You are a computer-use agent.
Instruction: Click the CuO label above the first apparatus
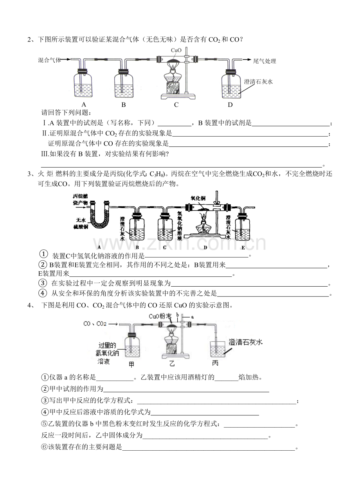(x=176, y=50)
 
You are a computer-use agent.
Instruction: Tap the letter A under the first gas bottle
(x=83, y=105)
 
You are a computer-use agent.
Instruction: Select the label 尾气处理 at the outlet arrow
(x=265, y=61)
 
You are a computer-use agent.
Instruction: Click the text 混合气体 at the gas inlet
(x=50, y=60)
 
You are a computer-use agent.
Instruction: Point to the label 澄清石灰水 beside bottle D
(x=258, y=82)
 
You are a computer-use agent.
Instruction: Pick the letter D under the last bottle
(x=230, y=105)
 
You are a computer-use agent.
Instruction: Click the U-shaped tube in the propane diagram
(x=100, y=219)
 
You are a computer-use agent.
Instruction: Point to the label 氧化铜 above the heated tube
(x=198, y=198)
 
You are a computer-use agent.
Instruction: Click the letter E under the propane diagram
(x=243, y=247)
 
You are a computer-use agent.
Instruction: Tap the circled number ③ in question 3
(x=43, y=283)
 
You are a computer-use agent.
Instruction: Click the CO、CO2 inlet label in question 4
(x=95, y=324)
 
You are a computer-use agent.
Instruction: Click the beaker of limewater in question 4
(x=217, y=348)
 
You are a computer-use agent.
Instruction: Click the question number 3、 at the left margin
(x=31, y=174)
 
